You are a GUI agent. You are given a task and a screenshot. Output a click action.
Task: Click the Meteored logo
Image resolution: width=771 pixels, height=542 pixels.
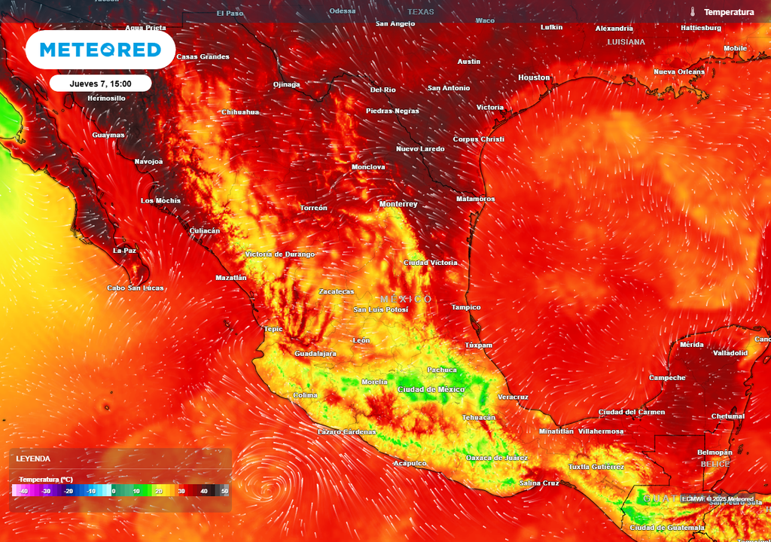tap(100, 50)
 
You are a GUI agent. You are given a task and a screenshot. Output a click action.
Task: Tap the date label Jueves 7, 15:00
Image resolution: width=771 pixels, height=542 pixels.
tap(100, 84)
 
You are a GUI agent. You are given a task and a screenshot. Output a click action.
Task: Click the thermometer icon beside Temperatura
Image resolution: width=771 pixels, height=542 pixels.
tap(692, 12)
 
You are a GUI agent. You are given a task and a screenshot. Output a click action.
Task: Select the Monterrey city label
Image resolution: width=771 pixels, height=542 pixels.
tap(398, 204)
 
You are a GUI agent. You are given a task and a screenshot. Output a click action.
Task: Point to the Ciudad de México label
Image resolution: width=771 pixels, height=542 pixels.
tap(431, 389)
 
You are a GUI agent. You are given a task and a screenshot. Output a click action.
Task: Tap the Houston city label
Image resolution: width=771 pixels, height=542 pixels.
tap(534, 78)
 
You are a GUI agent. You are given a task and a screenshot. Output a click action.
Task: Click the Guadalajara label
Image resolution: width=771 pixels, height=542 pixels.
tap(315, 353)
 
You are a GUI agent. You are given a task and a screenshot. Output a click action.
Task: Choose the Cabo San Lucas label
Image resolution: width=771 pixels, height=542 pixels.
tap(135, 288)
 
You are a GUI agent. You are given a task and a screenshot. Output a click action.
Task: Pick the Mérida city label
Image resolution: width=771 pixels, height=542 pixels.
tap(691, 344)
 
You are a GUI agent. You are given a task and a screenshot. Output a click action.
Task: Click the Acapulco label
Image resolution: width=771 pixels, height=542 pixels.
tap(410, 463)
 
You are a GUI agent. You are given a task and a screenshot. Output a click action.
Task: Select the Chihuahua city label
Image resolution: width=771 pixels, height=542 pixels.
tap(240, 112)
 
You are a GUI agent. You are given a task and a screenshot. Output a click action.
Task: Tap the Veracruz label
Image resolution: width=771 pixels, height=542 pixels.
tap(513, 397)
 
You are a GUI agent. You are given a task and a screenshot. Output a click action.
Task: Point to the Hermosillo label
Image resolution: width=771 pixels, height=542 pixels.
tap(106, 98)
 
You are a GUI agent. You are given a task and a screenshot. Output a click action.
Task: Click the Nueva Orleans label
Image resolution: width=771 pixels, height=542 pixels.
tap(678, 72)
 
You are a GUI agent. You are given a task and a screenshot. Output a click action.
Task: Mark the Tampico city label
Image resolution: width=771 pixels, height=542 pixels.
tap(465, 307)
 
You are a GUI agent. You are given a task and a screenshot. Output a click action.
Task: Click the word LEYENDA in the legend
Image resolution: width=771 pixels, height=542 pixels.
tap(33, 458)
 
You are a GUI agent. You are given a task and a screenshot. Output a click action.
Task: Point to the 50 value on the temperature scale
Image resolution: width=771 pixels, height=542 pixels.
tap(224, 491)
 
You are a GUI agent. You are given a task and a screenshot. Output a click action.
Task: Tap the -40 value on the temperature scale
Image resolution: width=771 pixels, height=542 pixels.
tap(24, 491)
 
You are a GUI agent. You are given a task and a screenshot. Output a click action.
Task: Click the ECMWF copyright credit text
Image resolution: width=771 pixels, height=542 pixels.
tap(717, 499)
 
